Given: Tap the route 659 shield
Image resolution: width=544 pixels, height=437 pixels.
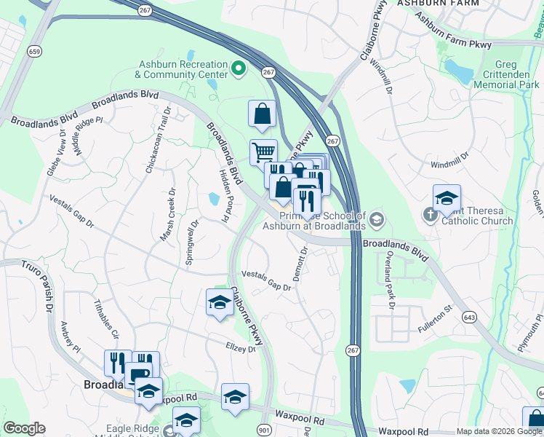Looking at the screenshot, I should coord(34,51).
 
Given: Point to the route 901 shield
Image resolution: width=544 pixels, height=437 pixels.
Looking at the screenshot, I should coord(263,430).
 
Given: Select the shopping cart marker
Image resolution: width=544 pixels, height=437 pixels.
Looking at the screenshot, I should coord(263,153).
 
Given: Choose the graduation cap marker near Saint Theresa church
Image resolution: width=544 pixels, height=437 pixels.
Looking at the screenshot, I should coord(447,197).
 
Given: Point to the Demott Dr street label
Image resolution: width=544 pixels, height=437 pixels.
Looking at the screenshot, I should coord(301,259).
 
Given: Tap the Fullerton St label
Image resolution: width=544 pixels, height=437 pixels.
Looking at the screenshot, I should coord(435,320).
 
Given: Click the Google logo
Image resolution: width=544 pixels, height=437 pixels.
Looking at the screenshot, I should coord(24,428).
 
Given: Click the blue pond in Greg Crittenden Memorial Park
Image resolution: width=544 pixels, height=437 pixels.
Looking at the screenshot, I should coord(459,71).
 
